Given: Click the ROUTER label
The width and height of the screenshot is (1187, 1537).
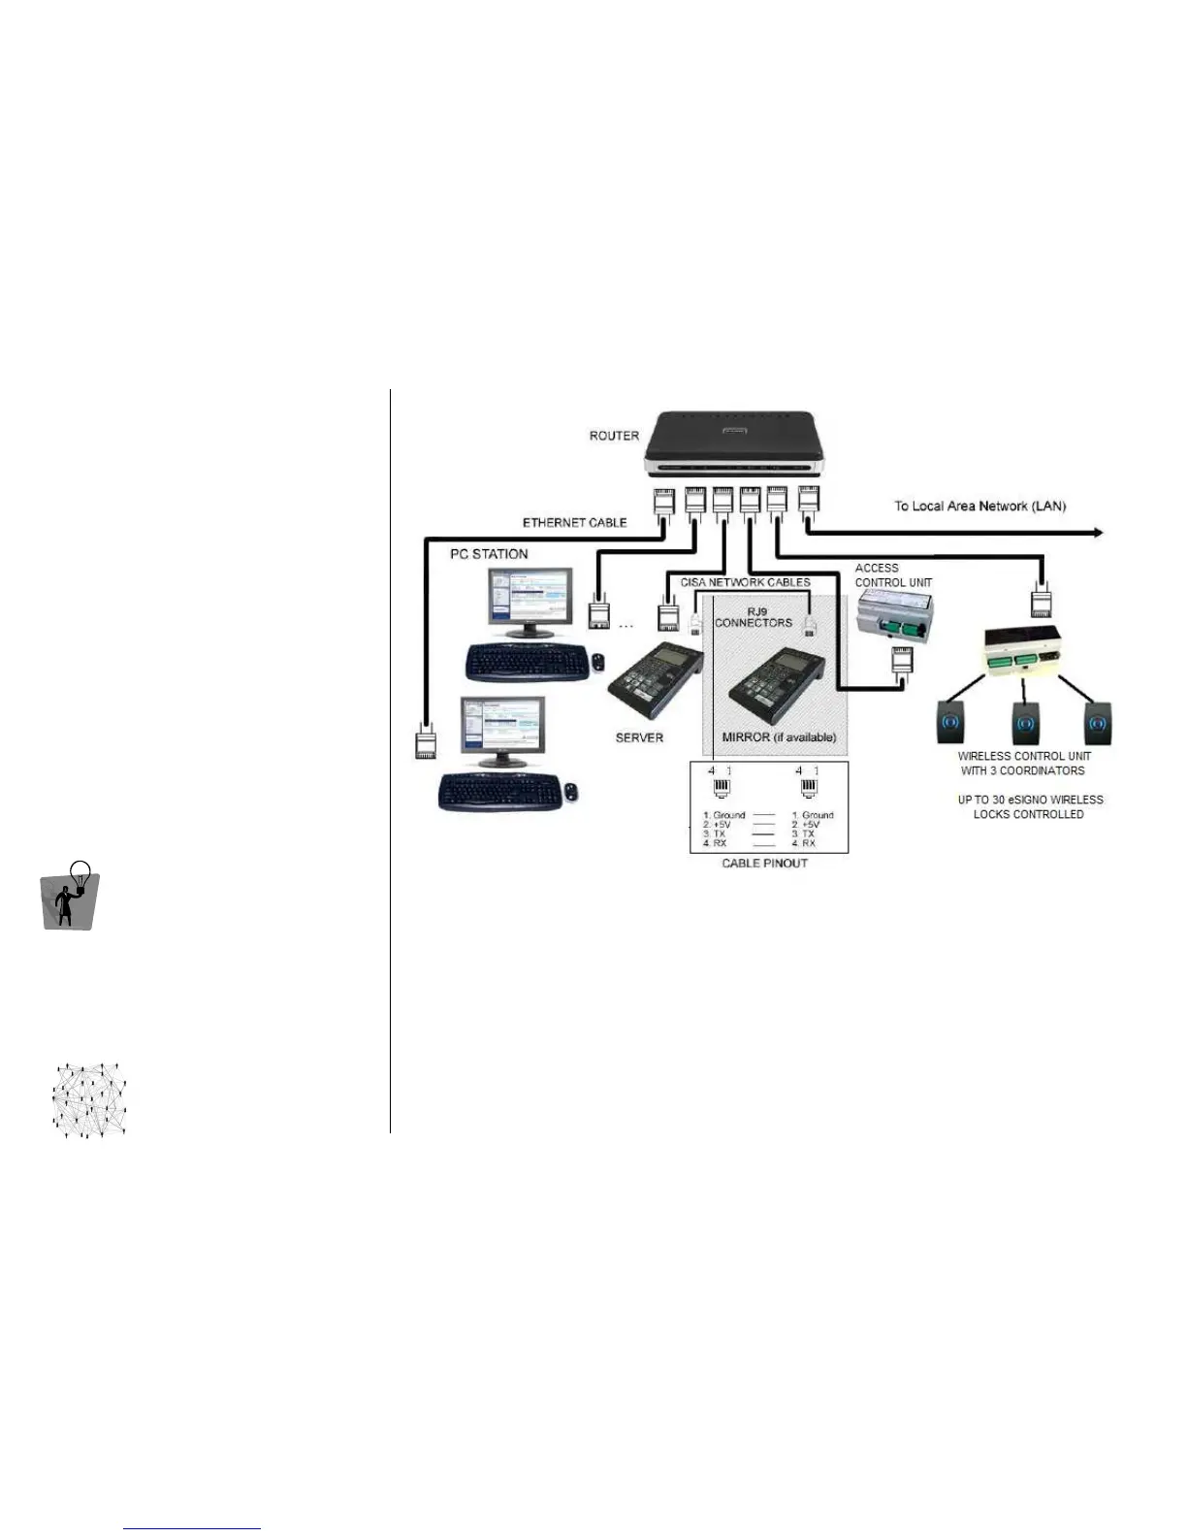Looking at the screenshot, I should [614, 436].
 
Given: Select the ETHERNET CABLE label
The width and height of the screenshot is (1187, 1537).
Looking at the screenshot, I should [574, 523].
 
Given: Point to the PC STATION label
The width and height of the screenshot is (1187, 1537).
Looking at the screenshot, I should [489, 554].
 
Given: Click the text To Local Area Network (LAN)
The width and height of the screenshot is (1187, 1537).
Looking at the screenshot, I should [979, 506].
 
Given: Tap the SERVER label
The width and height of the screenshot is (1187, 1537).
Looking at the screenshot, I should [639, 737].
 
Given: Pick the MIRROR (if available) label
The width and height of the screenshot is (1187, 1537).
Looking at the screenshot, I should [779, 737].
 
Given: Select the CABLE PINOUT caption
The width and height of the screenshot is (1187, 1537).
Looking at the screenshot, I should [764, 863].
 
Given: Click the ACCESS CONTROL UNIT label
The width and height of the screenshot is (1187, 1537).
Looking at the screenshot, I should [893, 575].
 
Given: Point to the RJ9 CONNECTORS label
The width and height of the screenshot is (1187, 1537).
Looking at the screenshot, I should [754, 617].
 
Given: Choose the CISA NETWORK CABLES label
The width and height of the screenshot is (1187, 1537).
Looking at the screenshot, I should [745, 582].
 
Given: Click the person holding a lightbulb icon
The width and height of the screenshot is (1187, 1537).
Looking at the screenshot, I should [70, 896].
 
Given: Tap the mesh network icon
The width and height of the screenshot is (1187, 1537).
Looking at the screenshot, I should [89, 1100].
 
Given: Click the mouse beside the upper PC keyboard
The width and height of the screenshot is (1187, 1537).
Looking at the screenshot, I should [597, 663].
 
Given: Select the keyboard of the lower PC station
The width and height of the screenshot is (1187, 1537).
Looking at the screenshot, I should [499, 792].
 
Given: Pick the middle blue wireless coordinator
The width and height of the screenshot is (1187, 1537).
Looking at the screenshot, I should [1025, 723].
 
